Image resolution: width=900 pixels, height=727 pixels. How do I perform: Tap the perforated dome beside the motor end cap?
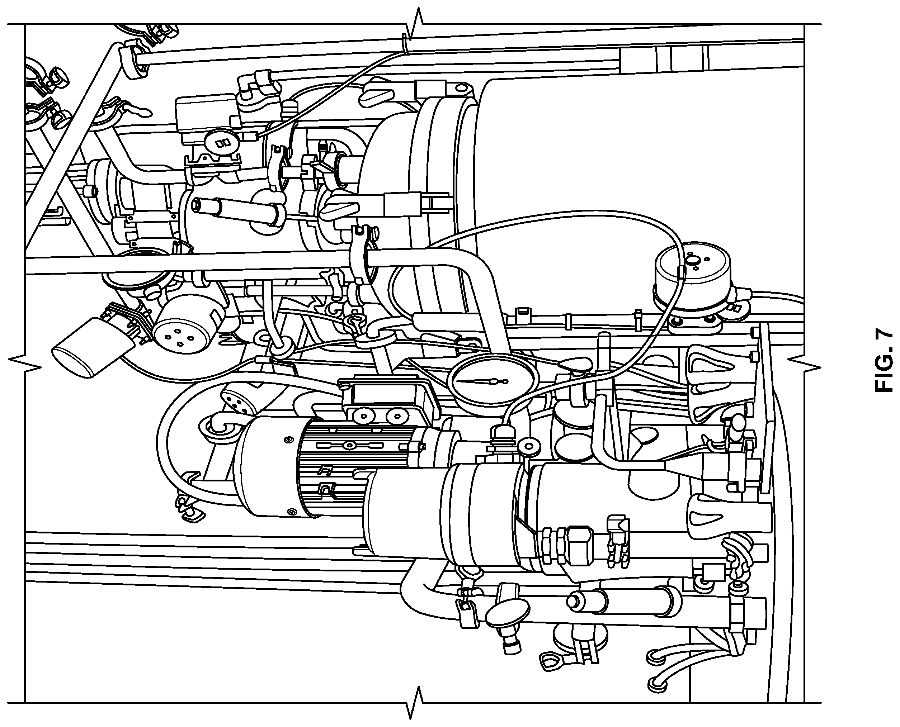[x=238, y=400]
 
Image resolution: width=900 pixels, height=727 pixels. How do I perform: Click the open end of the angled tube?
[x=195, y=205]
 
